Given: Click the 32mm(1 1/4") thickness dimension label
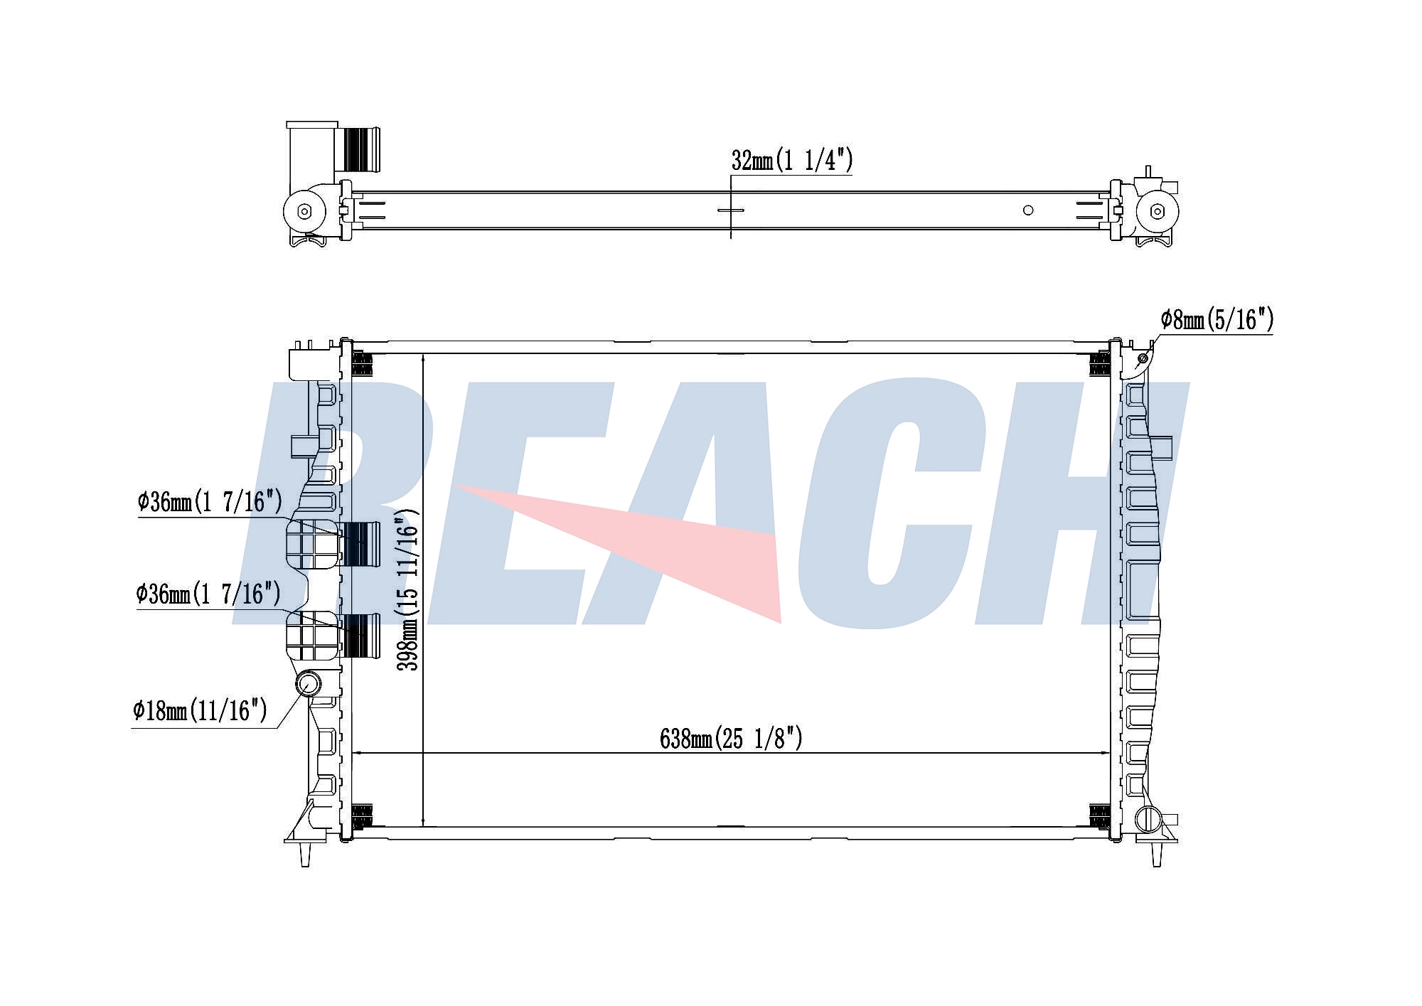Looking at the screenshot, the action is coord(791,161).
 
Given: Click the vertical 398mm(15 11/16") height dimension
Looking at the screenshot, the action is coord(408,589).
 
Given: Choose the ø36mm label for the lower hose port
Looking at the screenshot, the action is coord(208,593).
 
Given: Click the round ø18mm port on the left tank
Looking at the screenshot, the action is coord(309,684).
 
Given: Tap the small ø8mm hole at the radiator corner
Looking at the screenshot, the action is coord(1143,358).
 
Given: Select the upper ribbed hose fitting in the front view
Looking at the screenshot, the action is coord(361,543).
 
